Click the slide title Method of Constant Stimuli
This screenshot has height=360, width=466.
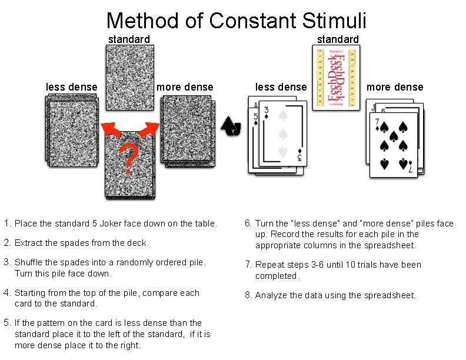[236, 20]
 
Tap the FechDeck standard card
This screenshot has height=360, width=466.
[335, 78]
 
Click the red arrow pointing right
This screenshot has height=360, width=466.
[151, 128]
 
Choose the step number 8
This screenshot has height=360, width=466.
[248, 295]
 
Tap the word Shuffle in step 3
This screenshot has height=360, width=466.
[30, 262]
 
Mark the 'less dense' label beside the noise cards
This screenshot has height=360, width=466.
[71, 87]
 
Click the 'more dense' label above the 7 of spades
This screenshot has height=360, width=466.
[395, 87]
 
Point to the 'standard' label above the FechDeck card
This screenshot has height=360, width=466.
[338, 39]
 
